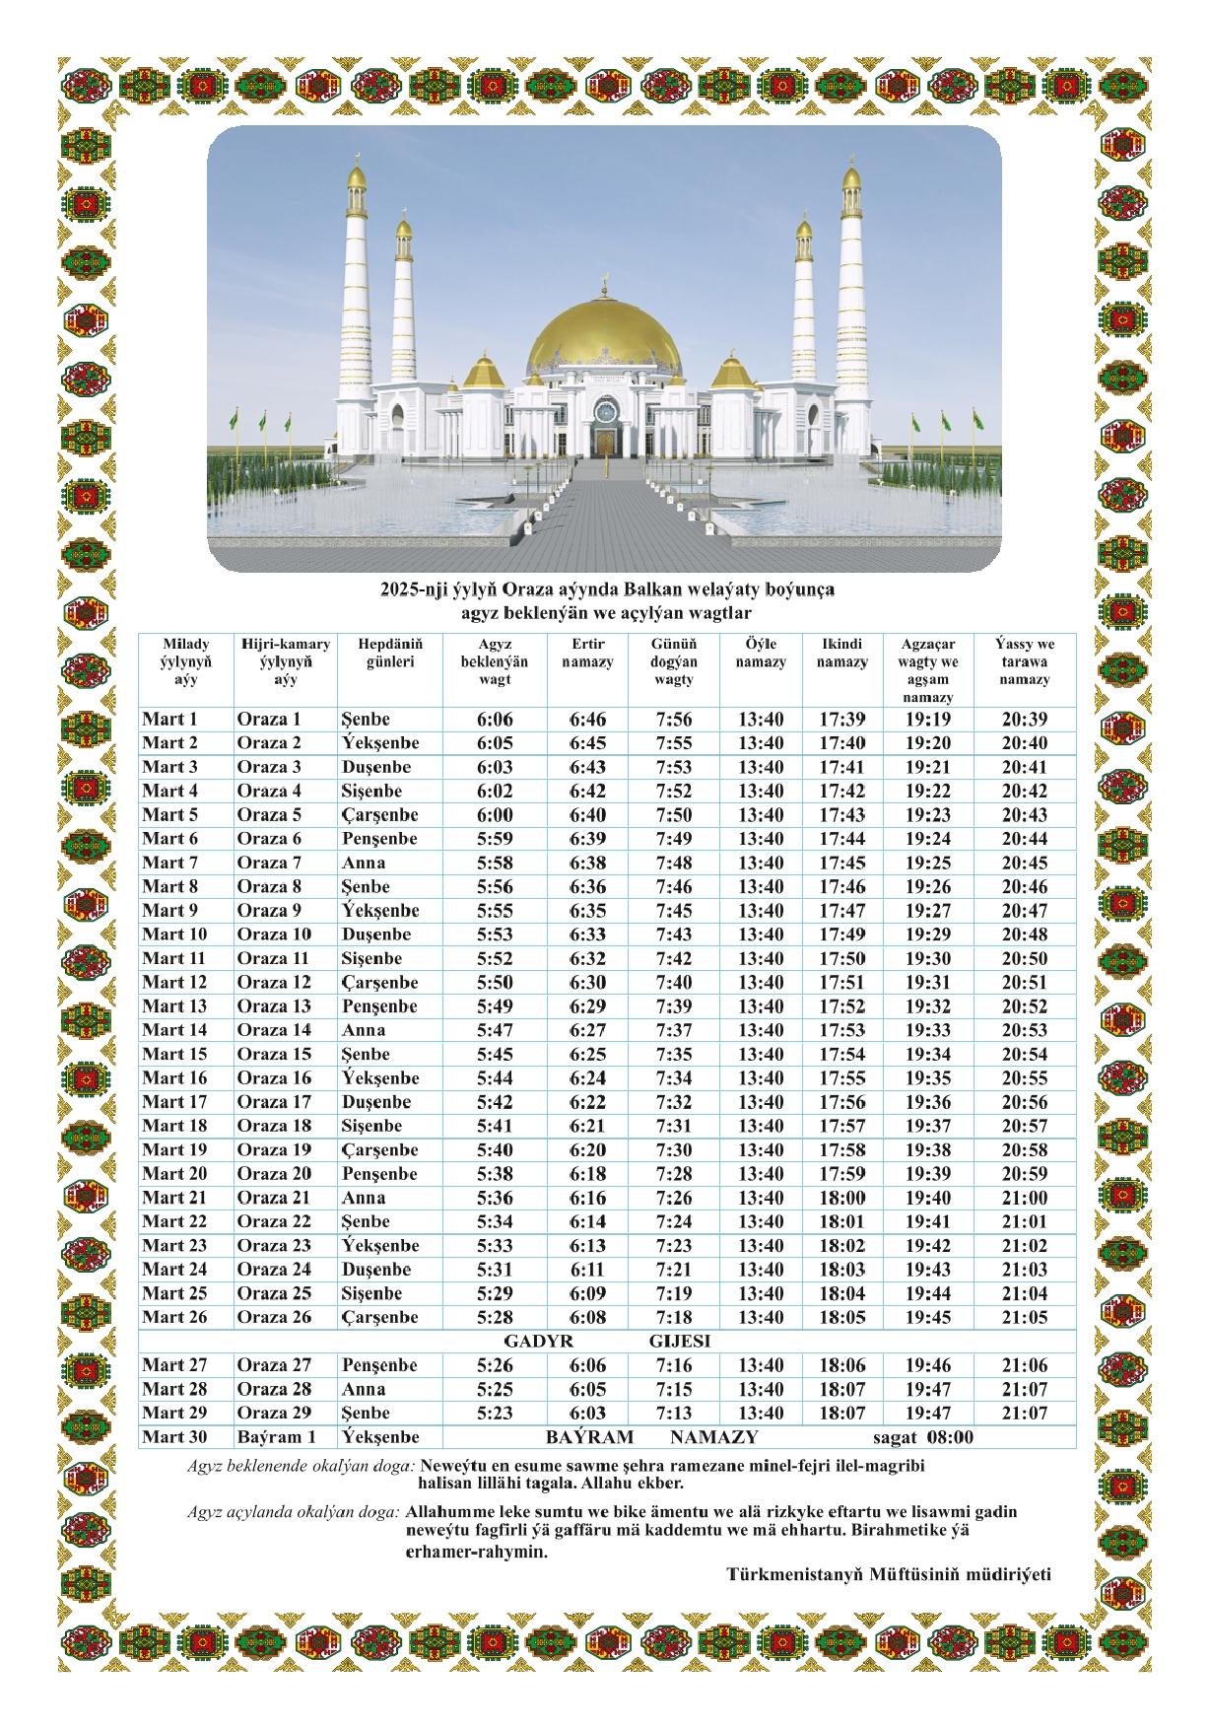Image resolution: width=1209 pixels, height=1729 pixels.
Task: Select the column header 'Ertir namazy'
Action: point(587,654)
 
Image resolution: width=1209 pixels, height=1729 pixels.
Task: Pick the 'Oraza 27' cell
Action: point(274,1365)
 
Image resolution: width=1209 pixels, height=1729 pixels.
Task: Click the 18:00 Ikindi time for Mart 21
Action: point(842,1198)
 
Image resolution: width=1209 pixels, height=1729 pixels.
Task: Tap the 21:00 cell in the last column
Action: point(1025,1198)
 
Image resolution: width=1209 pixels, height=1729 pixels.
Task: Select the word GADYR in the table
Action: point(538,1342)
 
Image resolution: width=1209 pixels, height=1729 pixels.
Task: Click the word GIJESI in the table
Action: point(680,1342)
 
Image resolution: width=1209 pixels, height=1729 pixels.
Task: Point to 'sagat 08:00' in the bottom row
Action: point(923,1437)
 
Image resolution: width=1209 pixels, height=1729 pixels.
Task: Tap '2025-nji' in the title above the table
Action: point(413,590)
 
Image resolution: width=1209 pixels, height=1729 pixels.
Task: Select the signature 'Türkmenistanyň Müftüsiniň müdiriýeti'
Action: point(889,1574)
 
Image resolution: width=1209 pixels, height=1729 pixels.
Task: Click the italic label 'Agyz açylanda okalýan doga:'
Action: point(293,1512)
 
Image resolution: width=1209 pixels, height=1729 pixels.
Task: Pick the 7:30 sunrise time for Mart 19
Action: point(674,1150)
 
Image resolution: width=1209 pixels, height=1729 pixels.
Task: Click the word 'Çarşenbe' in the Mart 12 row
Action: point(380,983)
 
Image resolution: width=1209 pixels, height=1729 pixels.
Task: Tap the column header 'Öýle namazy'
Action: point(761,654)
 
